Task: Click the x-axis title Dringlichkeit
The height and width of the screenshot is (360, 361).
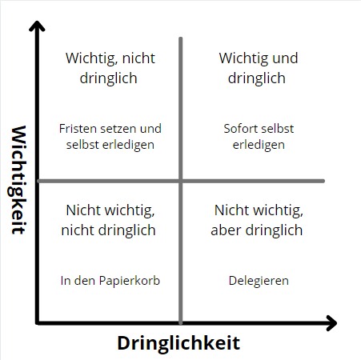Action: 178,343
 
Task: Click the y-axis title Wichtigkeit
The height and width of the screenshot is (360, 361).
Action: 18,180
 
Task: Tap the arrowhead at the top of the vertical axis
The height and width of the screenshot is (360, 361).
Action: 37,26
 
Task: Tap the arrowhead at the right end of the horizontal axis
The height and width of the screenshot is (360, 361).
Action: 331,323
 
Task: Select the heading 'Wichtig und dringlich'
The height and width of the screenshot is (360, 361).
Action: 258,68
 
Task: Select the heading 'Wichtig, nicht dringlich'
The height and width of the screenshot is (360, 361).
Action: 110,68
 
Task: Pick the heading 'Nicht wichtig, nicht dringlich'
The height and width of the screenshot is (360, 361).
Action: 109,220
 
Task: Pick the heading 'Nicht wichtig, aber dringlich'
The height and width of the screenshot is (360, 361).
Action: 257,220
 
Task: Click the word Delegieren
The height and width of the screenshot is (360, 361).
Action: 259,281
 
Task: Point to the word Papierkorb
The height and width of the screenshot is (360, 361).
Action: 130,281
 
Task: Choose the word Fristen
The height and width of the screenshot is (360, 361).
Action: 78,129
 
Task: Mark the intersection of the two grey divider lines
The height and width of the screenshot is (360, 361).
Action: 181,181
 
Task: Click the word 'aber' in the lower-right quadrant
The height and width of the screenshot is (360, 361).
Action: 227,230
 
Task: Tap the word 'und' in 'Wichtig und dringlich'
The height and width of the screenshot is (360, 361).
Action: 285,58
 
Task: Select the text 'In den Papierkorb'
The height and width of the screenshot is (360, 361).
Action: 110,281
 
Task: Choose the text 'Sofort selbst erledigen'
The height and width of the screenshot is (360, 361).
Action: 259,137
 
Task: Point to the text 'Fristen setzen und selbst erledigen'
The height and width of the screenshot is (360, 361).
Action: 110,137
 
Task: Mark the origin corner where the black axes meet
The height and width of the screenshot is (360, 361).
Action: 38,323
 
